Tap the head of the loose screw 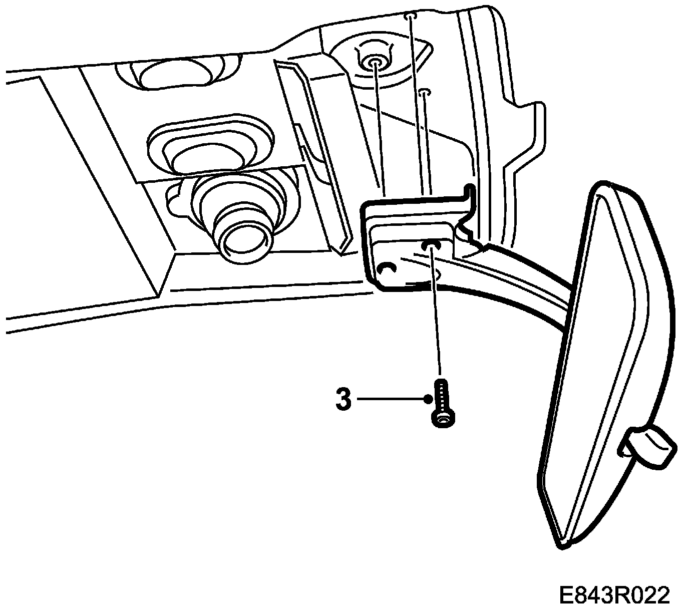click(443, 419)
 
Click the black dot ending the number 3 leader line click(427, 399)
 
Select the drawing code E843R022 click(614, 596)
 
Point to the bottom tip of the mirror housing click(563, 543)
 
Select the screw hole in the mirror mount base click(431, 245)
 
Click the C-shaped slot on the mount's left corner click(387, 269)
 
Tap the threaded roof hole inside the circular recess click(374, 62)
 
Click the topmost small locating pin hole click(410, 16)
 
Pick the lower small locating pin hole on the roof click(425, 92)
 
